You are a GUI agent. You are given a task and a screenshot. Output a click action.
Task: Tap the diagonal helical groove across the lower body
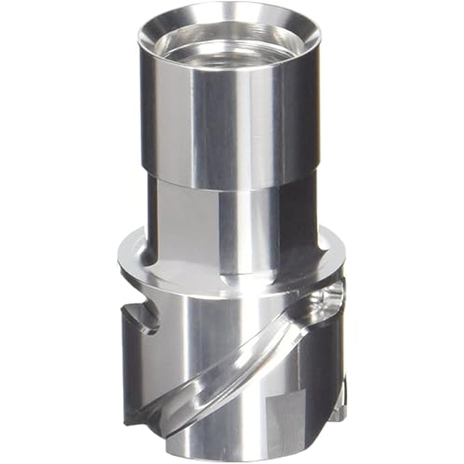pyautogui.click(x=233, y=358)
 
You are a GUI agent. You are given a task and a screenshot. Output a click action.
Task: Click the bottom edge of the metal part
pyautogui.click(x=233, y=456)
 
